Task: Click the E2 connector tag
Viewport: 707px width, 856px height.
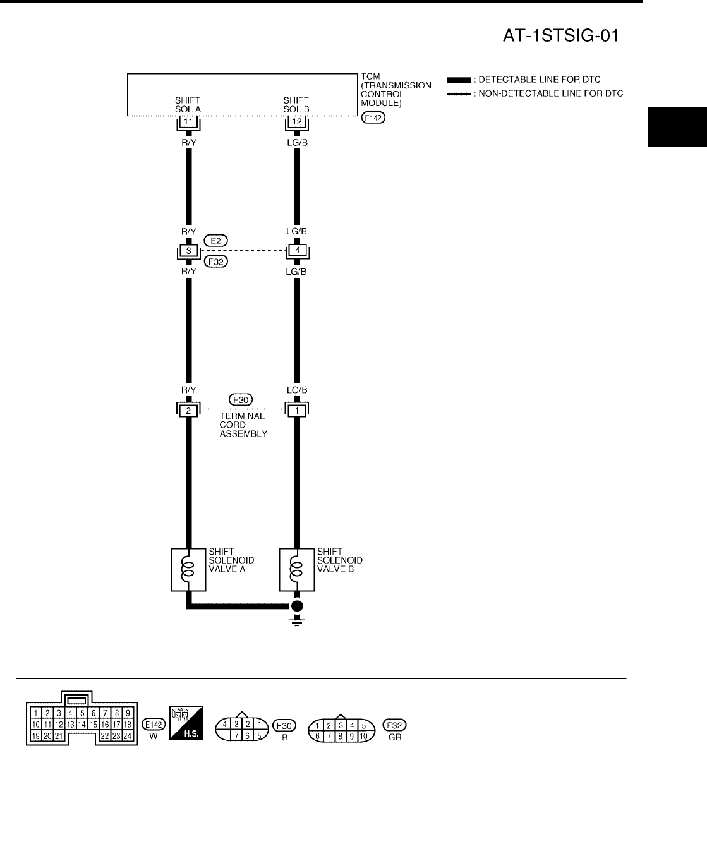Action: pyautogui.click(x=215, y=241)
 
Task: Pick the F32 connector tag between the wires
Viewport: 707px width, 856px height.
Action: pyautogui.click(x=216, y=262)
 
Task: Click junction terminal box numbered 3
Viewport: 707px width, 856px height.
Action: pyautogui.click(x=188, y=251)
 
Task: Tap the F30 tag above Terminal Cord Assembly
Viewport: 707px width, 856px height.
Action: pyautogui.click(x=241, y=399)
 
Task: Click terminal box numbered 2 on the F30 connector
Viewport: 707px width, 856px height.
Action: pyautogui.click(x=188, y=411)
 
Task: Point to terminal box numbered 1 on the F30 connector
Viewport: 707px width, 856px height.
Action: pyautogui.click(x=296, y=411)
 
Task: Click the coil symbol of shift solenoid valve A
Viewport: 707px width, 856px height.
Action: pyautogui.click(x=187, y=569)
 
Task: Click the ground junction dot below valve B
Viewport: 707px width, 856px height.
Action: pyautogui.click(x=296, y=606)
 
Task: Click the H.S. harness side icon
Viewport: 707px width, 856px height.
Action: pyautogui.click(x=186, y=724)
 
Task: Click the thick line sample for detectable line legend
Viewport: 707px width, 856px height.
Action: pyautogui.click(x=458, y=80)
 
